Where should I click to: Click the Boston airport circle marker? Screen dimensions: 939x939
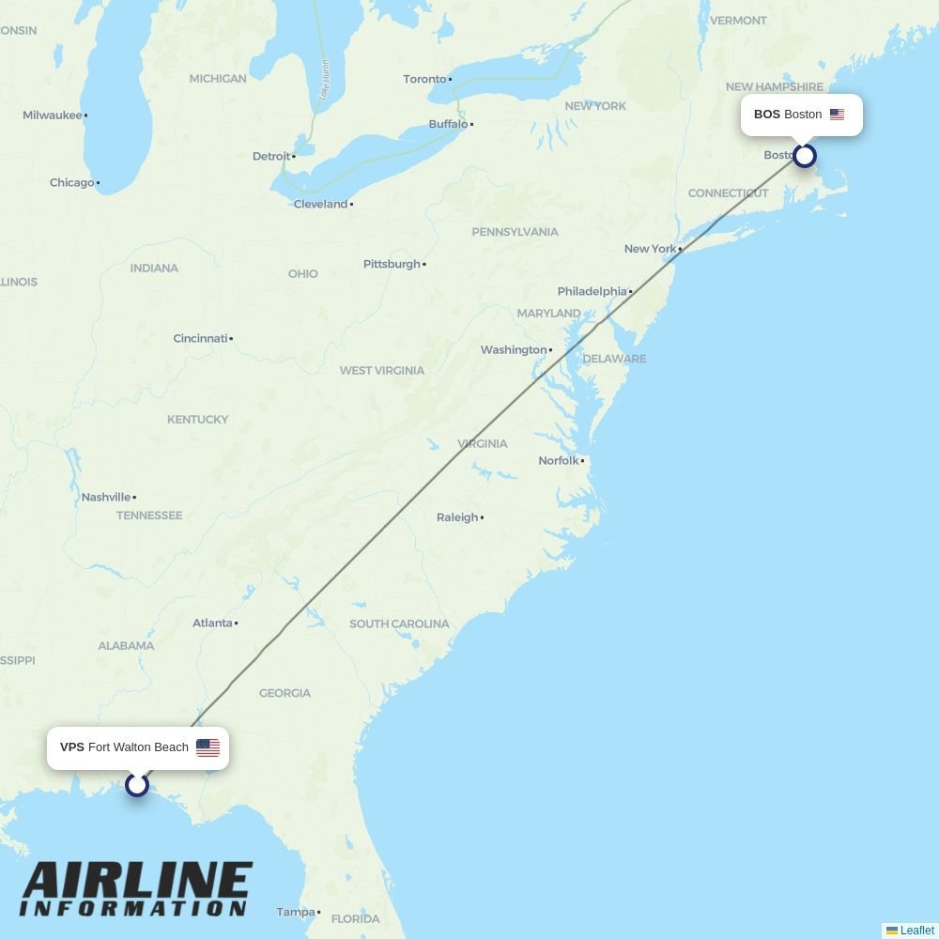pyautogui.click(x=804, y=155)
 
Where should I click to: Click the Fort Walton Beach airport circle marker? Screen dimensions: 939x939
pyautogui.click(x=137, y=784)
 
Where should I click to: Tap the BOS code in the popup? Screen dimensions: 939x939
pyautogui.click(x=766, y=115)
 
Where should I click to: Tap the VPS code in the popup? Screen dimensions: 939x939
pyautogui.click(x=72, y=747)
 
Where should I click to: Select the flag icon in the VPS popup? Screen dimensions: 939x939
pyautogui.click(x=208, y=747)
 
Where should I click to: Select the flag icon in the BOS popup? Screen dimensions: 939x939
pyautogui.click(x=837, y=115)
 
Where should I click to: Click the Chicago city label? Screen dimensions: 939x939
pyautogui.click(x=72, y=183)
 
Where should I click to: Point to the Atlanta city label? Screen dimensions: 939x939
pyautogui.click(x=212, y=623)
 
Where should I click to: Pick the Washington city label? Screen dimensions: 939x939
pyautogui.click(x=514, y=350)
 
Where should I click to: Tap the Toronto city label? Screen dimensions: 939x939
pyautogui.click(x=424, y=79)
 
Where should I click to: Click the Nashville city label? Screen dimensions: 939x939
pyautogui.click(x=106, y=497)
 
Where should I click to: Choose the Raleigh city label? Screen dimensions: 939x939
pyautogui.click(x=457, y=517)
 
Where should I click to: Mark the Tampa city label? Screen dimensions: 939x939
pyautogui.click(x=296, y=912)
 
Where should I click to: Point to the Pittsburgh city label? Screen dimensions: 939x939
pyautogui.click(x=392, y=264)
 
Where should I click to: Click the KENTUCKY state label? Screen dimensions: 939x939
pyautogui.click(x=197, y=419)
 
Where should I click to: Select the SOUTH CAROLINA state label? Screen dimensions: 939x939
pyautogui.click(x=399, y=623)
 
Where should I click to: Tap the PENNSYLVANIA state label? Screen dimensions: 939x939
pyautogui.click(x=515, y=232)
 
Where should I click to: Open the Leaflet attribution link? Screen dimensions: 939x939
pyautogui.click(x=916, y=931)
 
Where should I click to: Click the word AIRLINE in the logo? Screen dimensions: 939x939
pyautogui.click(x=137, y=882)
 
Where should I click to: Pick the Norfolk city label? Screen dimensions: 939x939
pyautogui.click(x=559, y=461)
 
